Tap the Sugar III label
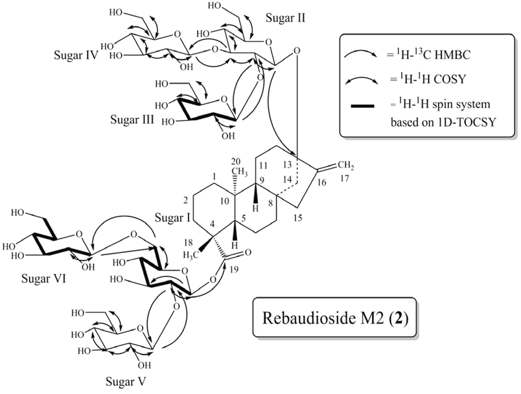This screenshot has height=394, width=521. [x=131, y=122]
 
